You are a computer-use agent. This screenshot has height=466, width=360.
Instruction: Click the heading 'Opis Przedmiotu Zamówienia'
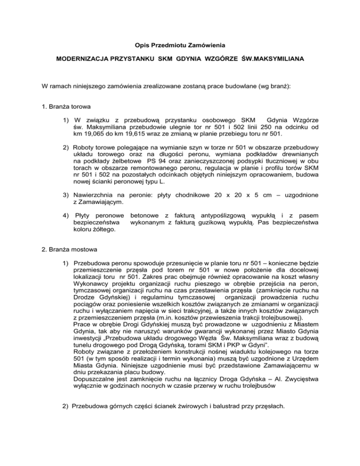(x=180, y=45)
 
